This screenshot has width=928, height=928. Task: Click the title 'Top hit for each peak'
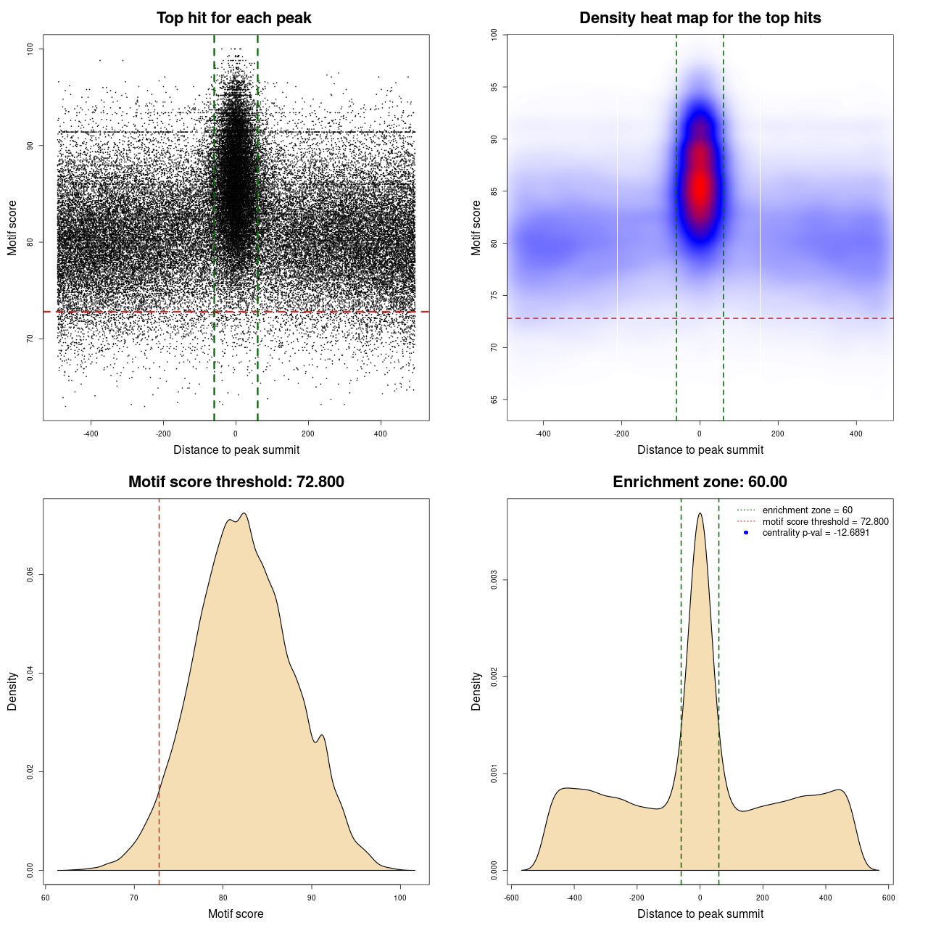coord(233,18)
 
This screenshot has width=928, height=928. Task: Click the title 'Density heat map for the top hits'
coord(700,18)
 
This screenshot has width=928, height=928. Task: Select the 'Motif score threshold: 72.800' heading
coord(236,482)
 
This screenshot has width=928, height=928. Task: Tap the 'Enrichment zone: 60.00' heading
coord(700,482)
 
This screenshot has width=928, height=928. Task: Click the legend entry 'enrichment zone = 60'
coord(807,510)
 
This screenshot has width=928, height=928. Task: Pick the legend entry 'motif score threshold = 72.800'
coord(825,522)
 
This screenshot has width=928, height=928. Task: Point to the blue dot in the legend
coord(746,533)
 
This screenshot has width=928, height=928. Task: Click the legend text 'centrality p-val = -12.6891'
coord(816,533)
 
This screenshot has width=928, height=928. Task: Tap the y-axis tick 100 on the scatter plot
coord(30,49)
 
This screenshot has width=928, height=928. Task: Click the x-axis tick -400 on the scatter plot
coord(91,434)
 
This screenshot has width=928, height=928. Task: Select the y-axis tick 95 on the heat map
coord(494,87)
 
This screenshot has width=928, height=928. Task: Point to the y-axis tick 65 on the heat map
coord(494,399)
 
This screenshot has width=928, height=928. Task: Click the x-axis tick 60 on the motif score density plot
coord(46,898)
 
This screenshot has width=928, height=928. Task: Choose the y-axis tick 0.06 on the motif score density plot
coord(30,575)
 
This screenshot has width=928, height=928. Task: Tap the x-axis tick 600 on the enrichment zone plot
coord(888,898)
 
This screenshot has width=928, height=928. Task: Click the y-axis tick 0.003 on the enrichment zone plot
coord(494,580)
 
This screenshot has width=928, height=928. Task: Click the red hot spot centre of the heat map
coord(700,187)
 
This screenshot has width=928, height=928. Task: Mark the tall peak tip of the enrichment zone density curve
coord(700,514)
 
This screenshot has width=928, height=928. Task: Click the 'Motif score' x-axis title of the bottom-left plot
coord(236,913)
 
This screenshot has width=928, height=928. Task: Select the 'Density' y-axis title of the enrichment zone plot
coord(476,691)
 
